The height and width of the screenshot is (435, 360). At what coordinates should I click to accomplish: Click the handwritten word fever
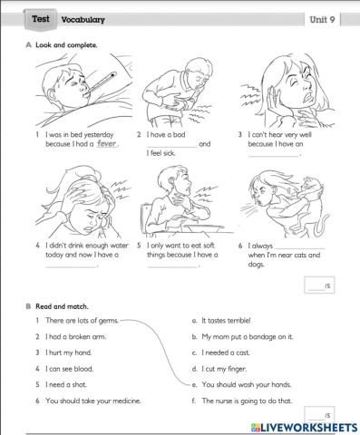tap(108, 143)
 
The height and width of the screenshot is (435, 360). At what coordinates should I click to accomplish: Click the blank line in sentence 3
tap(272, 154)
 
